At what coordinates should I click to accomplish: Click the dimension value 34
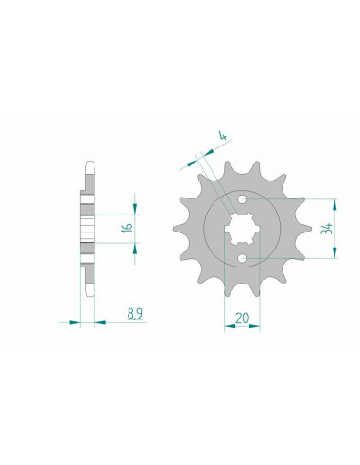click(x=326, y=229)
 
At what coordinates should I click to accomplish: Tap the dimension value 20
click(x=242, y=319)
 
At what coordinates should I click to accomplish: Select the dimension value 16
click(x=128, y=228)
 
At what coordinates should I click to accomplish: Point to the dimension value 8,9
click(x=135, y=314)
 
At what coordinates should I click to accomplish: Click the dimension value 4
click(x=223, y=136)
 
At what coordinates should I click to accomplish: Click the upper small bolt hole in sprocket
click(x=242, y=199)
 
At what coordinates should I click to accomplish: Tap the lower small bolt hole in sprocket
click(x=242, y=258)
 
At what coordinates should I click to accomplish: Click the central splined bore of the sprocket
click(x=242, y=229)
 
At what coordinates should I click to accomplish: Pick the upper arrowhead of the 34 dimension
click(x=334, y=204)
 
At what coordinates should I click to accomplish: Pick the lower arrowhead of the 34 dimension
click(x=334, y=252)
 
